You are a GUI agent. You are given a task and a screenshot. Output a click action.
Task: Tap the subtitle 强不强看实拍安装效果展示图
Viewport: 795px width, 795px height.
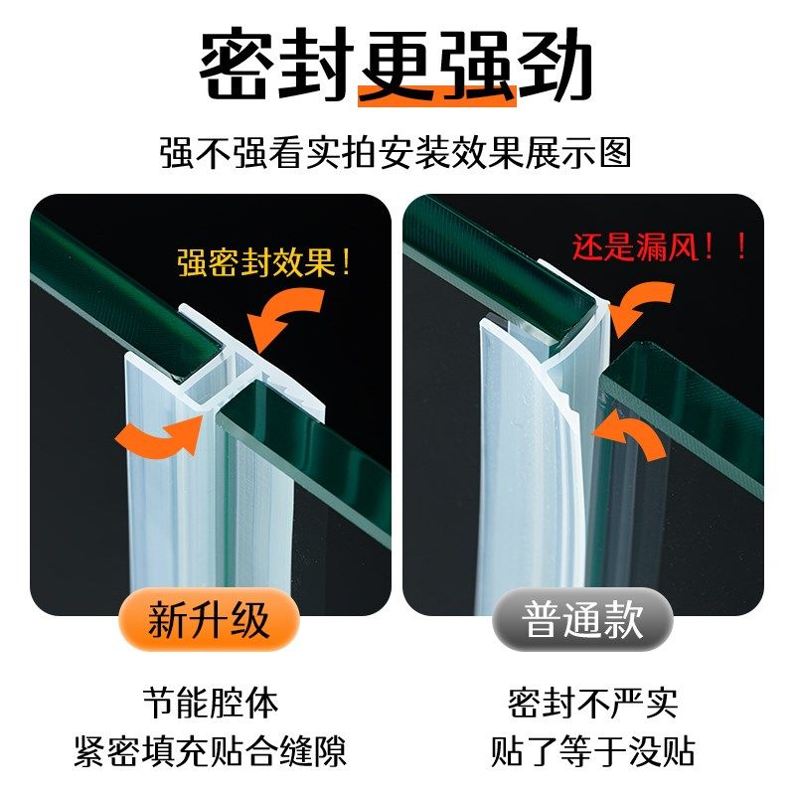(x=397, y=153)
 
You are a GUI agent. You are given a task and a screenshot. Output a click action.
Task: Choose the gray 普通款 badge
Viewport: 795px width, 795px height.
(x=583, y=621)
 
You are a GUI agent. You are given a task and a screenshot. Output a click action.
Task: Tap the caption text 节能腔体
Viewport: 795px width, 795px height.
(x=210, y=703)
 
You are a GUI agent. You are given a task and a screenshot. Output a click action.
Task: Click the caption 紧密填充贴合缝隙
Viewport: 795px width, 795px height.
(x=210, y=750)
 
